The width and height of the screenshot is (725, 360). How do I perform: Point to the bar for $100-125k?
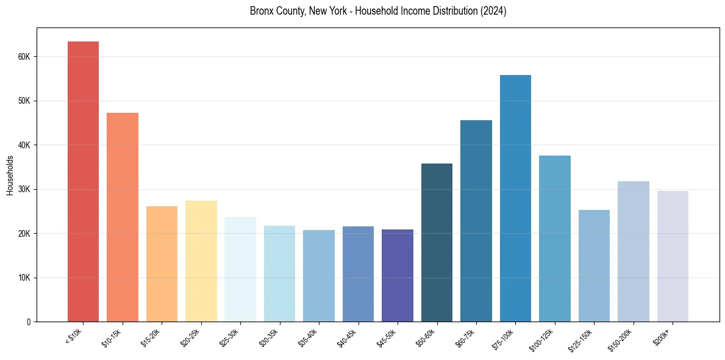[x=555, y=239]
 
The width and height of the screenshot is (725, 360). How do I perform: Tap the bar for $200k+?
[x=673, y=256]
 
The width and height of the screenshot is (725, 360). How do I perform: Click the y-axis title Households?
[x=10, y=175]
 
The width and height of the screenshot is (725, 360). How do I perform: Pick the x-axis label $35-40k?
[x=309, y=336]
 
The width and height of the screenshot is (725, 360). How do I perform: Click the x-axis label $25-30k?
[x=230, y=336]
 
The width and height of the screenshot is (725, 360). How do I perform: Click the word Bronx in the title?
[x=261, y=11]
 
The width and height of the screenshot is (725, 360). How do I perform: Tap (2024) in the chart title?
[x=493, y=11]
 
